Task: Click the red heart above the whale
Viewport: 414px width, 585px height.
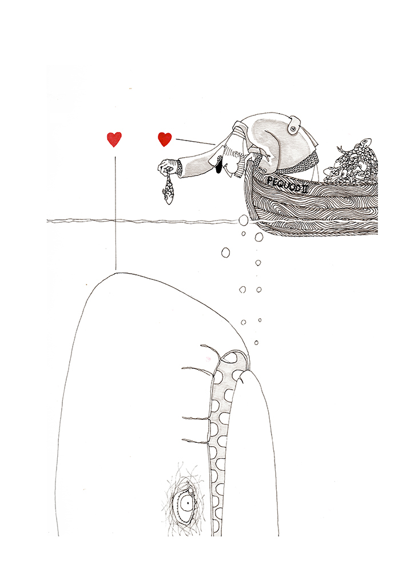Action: point(114,139)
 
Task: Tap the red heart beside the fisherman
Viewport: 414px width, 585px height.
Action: point(165,139)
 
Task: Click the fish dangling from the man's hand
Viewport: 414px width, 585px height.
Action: point(168,190)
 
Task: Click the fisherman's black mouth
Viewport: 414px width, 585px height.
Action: point(220,165)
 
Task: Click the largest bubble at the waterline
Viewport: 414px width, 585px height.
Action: point(242,219)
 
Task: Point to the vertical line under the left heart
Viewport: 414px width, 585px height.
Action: point(116,213)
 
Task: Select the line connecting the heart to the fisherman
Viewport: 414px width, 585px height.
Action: point(195,142)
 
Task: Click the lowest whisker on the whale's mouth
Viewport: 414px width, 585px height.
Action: point(195,442)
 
